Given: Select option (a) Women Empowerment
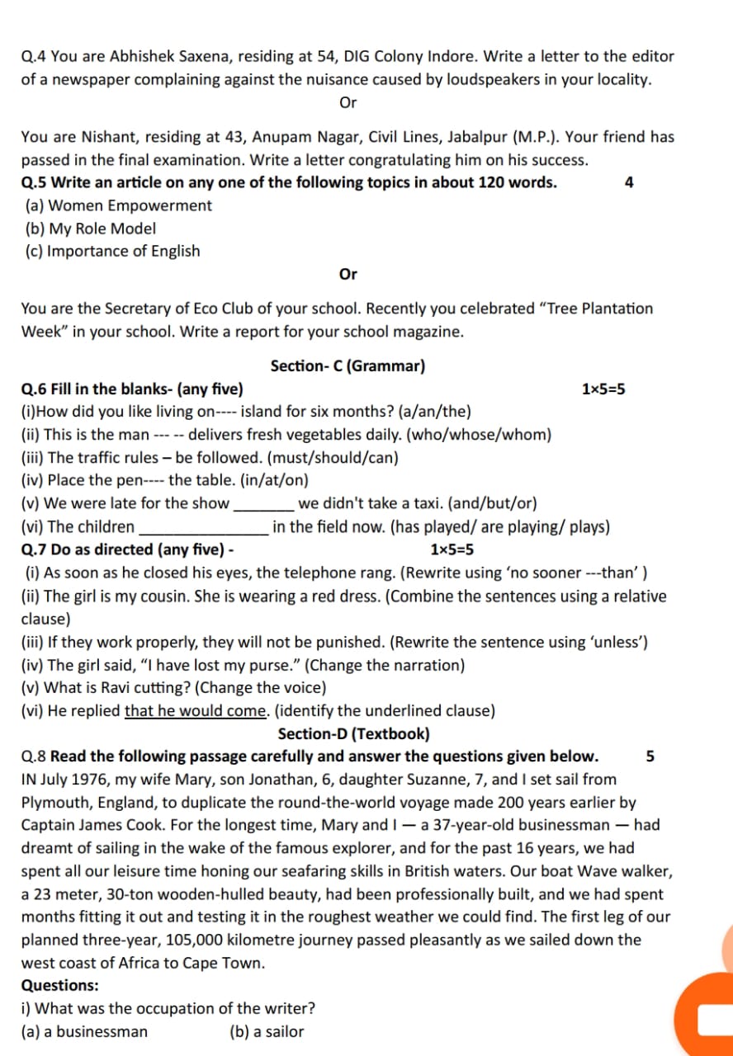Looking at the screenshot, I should [x=119, y=205].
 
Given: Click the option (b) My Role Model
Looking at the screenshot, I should [x=91, y=229].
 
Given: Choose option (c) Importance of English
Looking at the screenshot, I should [x=112, y=251].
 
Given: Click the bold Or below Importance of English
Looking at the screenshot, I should [x=348, y=274].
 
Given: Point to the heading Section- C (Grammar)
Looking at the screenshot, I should [x=348, y=365].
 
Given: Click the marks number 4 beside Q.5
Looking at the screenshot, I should [x=629, y=183].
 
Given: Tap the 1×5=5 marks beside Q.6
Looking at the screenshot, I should [x=603, y=389].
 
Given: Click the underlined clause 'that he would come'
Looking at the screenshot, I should [x=196, y=710].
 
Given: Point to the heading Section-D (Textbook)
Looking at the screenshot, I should [x=353, y=733].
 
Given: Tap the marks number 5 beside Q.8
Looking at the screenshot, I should [x=650, y=757].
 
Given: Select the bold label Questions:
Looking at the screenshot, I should [x=59, y=985].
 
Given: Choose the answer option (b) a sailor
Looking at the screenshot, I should [x=267, y=1031].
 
